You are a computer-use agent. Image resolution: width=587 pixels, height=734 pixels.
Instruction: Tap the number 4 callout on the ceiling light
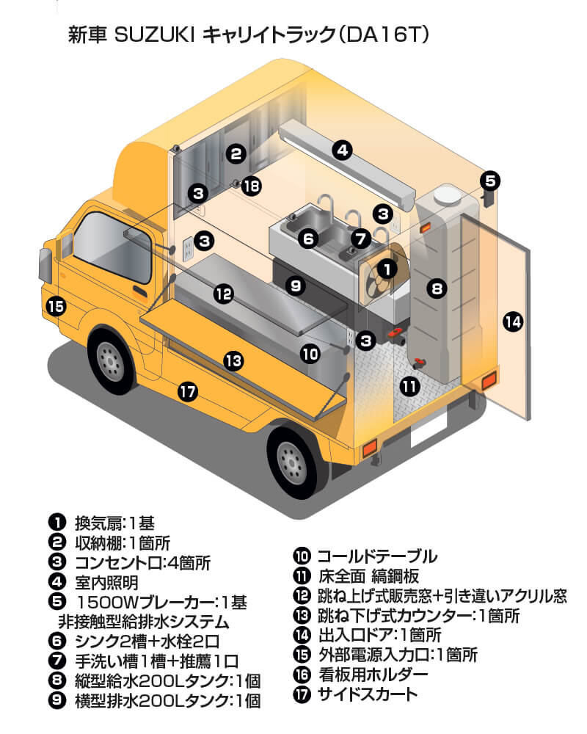coord(341,150)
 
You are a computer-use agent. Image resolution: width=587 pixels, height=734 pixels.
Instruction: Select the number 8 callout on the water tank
coord(437,289)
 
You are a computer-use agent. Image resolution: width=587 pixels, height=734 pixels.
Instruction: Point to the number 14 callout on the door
coord(513,321)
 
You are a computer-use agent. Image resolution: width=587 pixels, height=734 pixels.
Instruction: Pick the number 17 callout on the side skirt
coord(188,393)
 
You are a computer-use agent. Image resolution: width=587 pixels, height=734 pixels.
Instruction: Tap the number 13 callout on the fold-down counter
coord(233,360)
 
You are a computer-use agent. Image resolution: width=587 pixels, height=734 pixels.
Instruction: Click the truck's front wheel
coord(111,359)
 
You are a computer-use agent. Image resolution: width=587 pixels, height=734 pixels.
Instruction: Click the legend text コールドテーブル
coord(376,556)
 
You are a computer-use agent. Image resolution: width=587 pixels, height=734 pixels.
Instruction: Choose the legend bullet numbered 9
coord(56,700)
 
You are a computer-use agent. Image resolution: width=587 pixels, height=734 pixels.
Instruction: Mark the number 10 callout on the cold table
coord(310,354)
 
